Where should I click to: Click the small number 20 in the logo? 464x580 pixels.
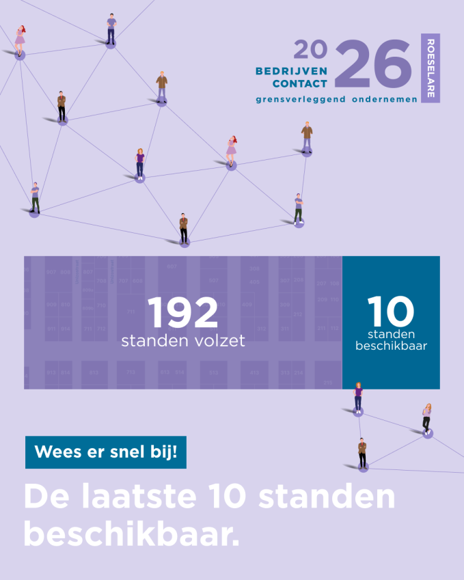point(310,49)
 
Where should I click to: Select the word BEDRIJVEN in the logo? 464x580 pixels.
point(291,70)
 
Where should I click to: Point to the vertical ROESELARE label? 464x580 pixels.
point(431,68)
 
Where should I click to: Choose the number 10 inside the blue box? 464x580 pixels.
point(390,311)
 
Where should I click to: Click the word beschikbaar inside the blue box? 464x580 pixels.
point(391,346)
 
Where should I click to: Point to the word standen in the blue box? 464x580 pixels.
point(391,334)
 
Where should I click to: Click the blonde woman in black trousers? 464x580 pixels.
point(426,419)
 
